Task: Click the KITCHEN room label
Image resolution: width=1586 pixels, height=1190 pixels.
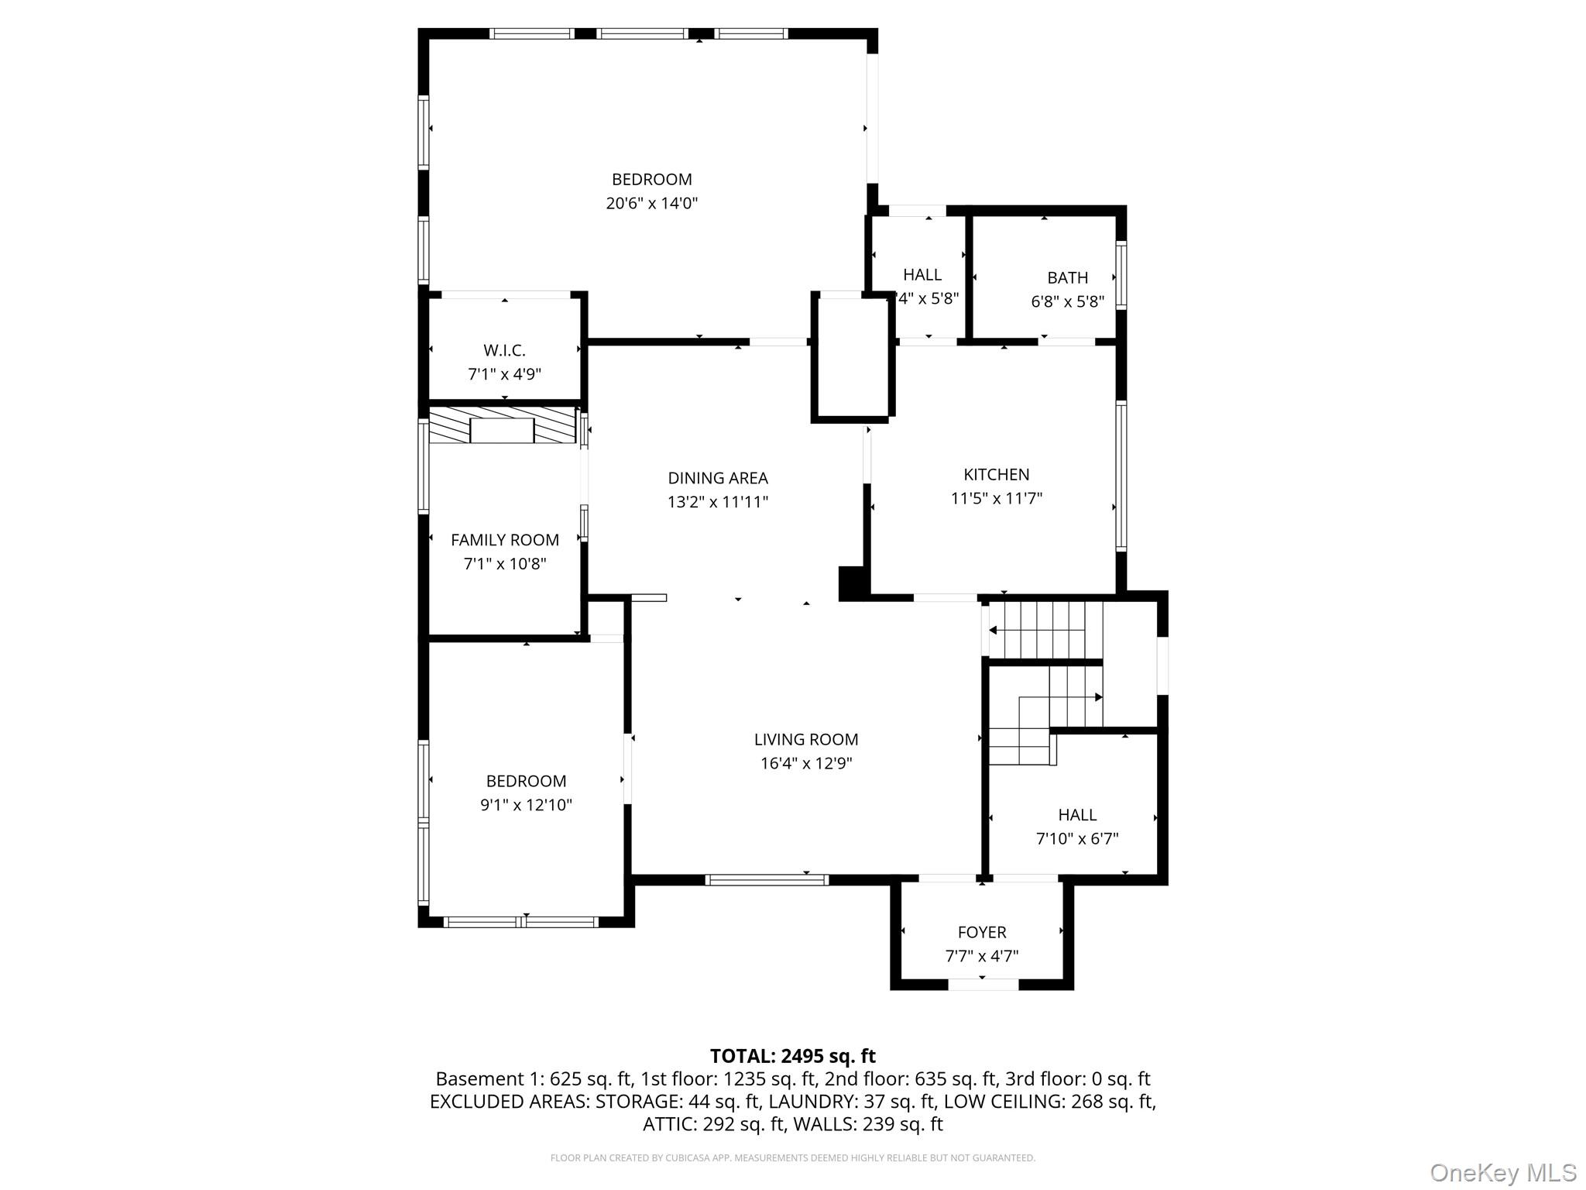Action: pyautogui.click(x=996, y=474)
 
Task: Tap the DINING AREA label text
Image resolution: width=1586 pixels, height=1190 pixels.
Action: pyautogui.click(x=718, y=478)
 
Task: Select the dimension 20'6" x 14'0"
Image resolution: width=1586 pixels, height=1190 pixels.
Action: pyautogui.click(x=651, y=203)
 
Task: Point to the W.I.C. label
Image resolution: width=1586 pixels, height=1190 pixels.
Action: pyautogui.click(x=504, y=350)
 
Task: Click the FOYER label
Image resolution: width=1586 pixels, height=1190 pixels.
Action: pyautogui.click(x=981, y=932)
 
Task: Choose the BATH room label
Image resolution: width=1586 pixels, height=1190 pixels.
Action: pyautogui.click(x=1067, y=277)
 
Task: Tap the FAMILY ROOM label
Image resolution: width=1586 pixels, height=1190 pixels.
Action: pyautogui.click(x=505, y=540)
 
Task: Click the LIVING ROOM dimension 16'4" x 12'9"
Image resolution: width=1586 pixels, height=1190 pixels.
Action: pyautogui.click(x=805, y=763)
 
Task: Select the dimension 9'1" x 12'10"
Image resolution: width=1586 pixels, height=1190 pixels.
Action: pyautogui.click(x=526, y=805)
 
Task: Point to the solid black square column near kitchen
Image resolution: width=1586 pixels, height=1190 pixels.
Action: pyautogui.click(x=853, y=583)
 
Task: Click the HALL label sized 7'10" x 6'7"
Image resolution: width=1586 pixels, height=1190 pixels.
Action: pyautogui.click(x=1077, y=815)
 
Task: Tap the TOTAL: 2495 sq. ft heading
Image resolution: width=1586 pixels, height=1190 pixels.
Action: pyautogui.click(x=792, y=1056)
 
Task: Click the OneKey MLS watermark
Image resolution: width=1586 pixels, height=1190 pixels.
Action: pyautogui.click(x=1502, y=1173)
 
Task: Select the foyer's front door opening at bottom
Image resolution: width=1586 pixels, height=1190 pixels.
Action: pyautogui.click(x=983, y=985)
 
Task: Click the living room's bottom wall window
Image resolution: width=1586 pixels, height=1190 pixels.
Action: pyautogui.click(x=767, y=879)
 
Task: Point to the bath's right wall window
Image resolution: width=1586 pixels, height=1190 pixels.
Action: pyautogui.click(x=1121, y=276)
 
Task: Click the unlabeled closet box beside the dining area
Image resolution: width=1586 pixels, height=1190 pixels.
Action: pyautogui.click(x=853, y=359)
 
